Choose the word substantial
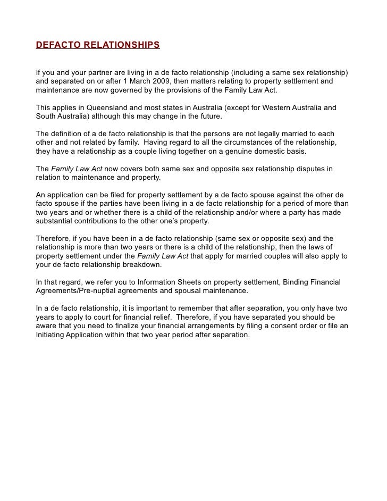point(55,221)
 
